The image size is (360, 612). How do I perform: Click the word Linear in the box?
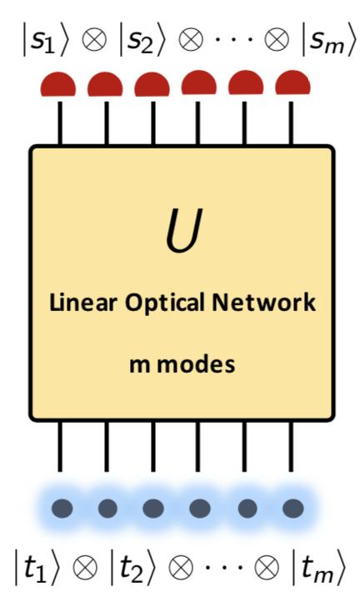click(75, 303)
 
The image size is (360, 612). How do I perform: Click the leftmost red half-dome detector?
click(59, 84)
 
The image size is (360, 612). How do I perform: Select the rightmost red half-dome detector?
click(292, 83)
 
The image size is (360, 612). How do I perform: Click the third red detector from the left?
click(152, 84)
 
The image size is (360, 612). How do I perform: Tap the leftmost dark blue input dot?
click(62, 507)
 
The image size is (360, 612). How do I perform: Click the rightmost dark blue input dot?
click(292, 507)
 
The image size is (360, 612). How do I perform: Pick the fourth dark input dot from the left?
click(200, 507)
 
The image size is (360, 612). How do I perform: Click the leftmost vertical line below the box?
click(60, 448)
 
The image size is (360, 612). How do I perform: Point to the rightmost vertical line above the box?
click(292, 118)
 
